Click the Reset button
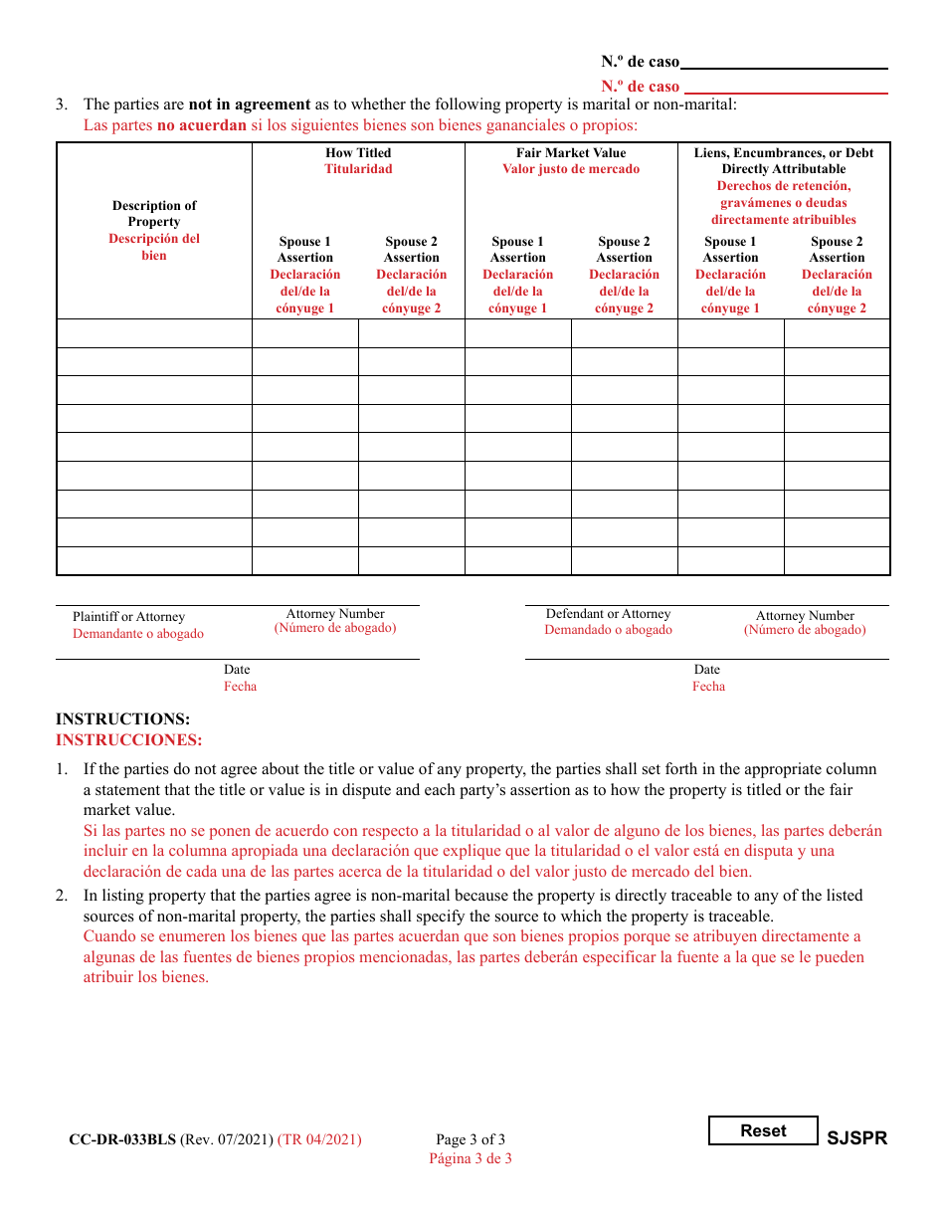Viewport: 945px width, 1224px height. tap(763, 1130)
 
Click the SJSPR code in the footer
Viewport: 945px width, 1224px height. tap(856, 1138)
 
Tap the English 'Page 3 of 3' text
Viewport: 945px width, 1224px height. tap(471, 1139)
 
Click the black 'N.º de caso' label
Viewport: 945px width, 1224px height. tap(640, 62)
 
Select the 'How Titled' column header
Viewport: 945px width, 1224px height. tap(358, 152)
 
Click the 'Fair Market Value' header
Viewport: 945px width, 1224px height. tap(571, 152)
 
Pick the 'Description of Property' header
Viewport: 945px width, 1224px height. tap(154, 213)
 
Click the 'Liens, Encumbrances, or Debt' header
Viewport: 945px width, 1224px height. tap(784, 152)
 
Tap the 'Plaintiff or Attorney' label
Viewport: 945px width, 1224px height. tap(128, 617)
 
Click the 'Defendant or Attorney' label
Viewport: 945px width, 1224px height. tap(608, 614)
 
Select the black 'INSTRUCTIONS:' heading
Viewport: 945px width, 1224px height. tap(122, 718)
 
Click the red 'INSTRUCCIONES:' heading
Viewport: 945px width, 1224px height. tap(128, 739)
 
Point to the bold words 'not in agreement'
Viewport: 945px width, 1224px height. tap(250, 103)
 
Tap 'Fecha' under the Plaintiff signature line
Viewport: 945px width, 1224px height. tap(240, 687)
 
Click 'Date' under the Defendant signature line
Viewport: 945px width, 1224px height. tap(707, 670)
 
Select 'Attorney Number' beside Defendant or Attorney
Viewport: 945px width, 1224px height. tap(805, 615)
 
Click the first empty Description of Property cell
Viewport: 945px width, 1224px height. tap(154, 332)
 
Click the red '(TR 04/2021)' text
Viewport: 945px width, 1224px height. tap(319, 1139)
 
